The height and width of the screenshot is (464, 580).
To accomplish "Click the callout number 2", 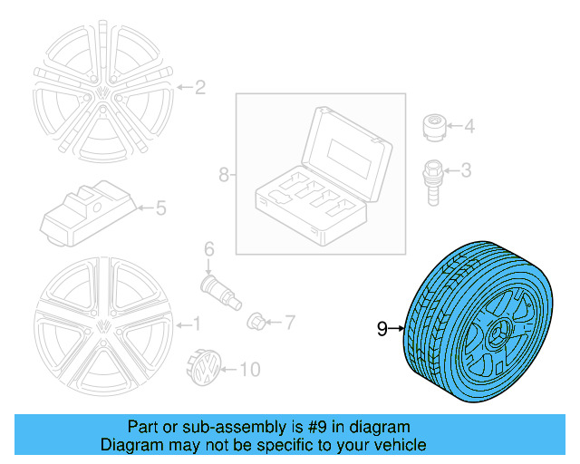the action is (x=200, y=88).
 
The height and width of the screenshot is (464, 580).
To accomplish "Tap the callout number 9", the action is (x=382, y=328).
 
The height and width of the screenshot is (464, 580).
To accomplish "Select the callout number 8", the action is (x=224, y=174).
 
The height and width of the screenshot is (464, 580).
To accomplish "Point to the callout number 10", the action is (x=250, y=369).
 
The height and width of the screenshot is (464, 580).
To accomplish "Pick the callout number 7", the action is (x=290, y=322).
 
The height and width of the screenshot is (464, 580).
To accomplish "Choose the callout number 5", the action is (x=159, y=208).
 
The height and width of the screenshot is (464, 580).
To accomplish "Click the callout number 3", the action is (x=466, y=169).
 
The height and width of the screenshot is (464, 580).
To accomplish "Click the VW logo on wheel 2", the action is (x=102, y=92).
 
